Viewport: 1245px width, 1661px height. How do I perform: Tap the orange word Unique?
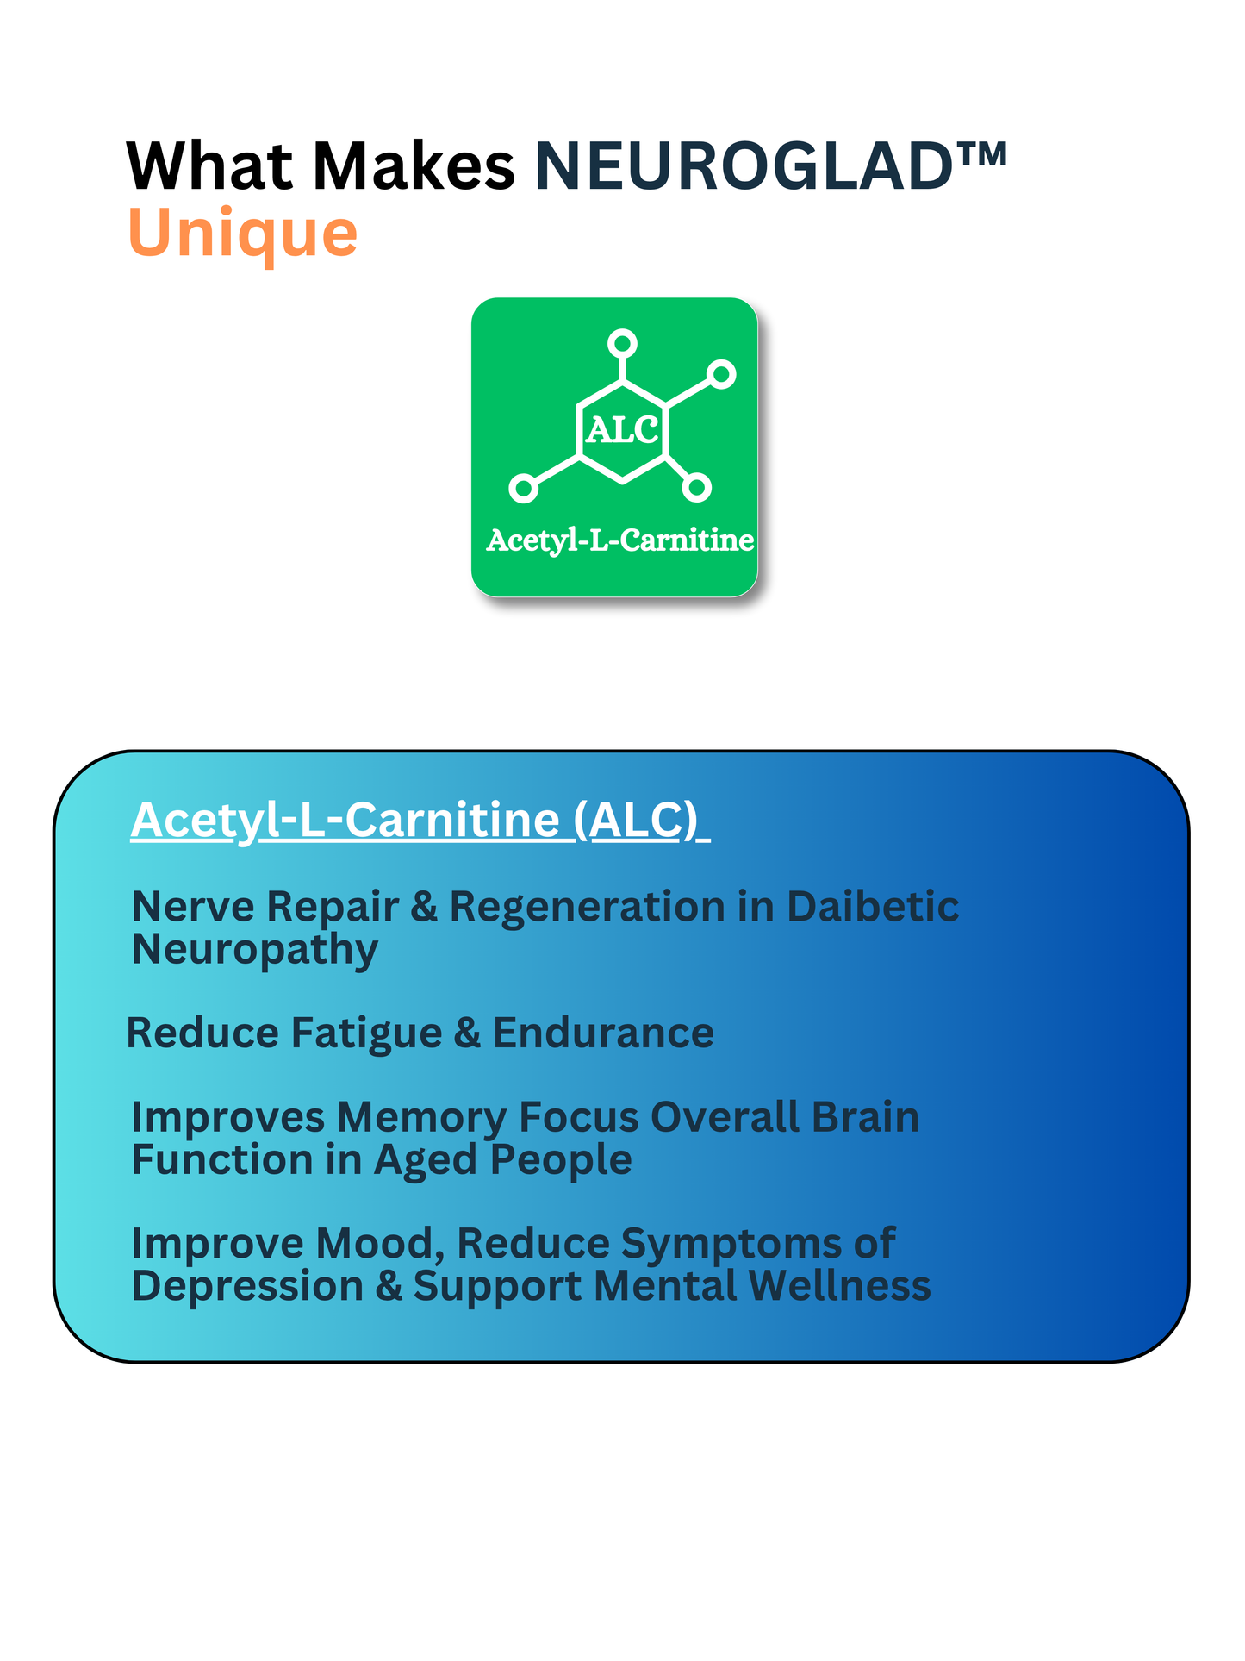tap(242, 234)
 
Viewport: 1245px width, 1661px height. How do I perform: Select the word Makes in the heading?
tap(414, 165)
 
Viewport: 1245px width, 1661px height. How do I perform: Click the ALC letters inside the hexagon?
tap(622, 429)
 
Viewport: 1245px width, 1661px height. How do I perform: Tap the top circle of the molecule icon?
tap(622, 343)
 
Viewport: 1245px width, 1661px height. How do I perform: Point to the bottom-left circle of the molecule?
tap(523, 488)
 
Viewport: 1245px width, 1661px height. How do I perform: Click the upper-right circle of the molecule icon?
tap(721, 374)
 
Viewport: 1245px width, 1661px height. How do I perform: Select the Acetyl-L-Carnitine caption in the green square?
tap(620, 540)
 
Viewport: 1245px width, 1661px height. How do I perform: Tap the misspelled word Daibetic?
tap(873, 907)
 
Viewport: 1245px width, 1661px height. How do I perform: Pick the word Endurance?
tap(603, 1033)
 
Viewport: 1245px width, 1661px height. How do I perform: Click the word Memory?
tap(427, 1118)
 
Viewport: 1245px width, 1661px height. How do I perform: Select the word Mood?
tap(379, 1245)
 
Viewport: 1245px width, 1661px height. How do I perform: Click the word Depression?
tap(248, 1287)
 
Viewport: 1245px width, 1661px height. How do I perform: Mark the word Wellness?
tap(839, 1285)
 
